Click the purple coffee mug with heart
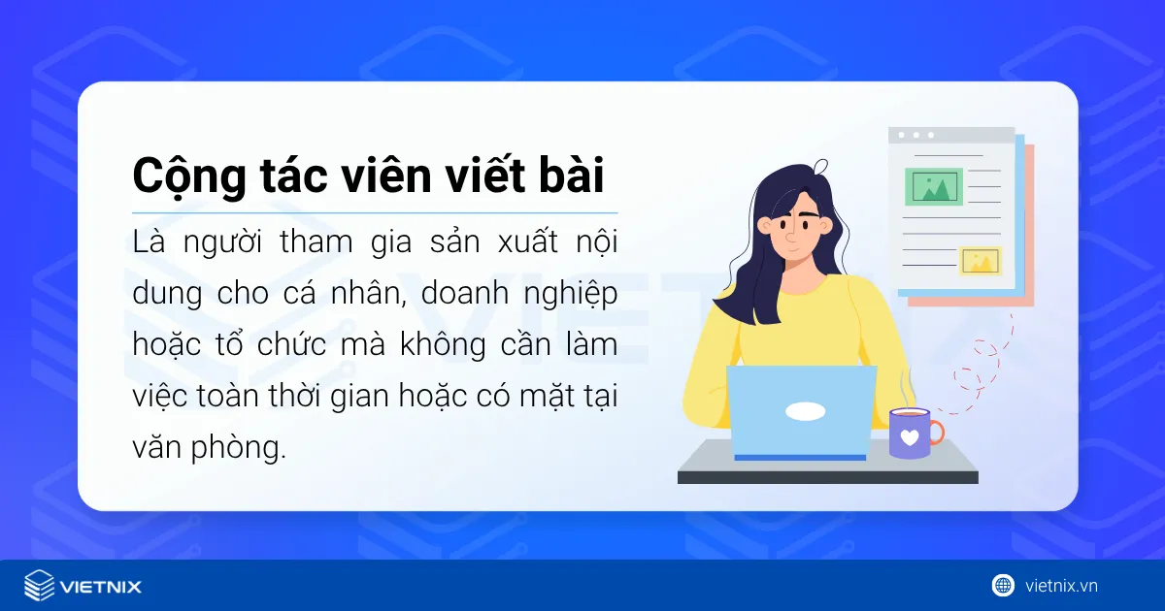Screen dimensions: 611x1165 [x=910, y=433]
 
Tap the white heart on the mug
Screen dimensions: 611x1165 [x=909, y=437]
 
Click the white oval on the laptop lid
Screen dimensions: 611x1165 [x=805, y=411]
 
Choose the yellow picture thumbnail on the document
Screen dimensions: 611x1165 [x=980, y=261]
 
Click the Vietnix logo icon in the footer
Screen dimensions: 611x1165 [x=39, y=586]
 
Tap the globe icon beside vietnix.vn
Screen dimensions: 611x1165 [x=1003, y=585]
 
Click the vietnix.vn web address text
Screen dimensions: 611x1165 [x=1061, y=585]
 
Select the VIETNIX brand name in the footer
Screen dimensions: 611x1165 [x=101, y=586]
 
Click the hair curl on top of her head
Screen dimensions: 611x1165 [x=821, y=166]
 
